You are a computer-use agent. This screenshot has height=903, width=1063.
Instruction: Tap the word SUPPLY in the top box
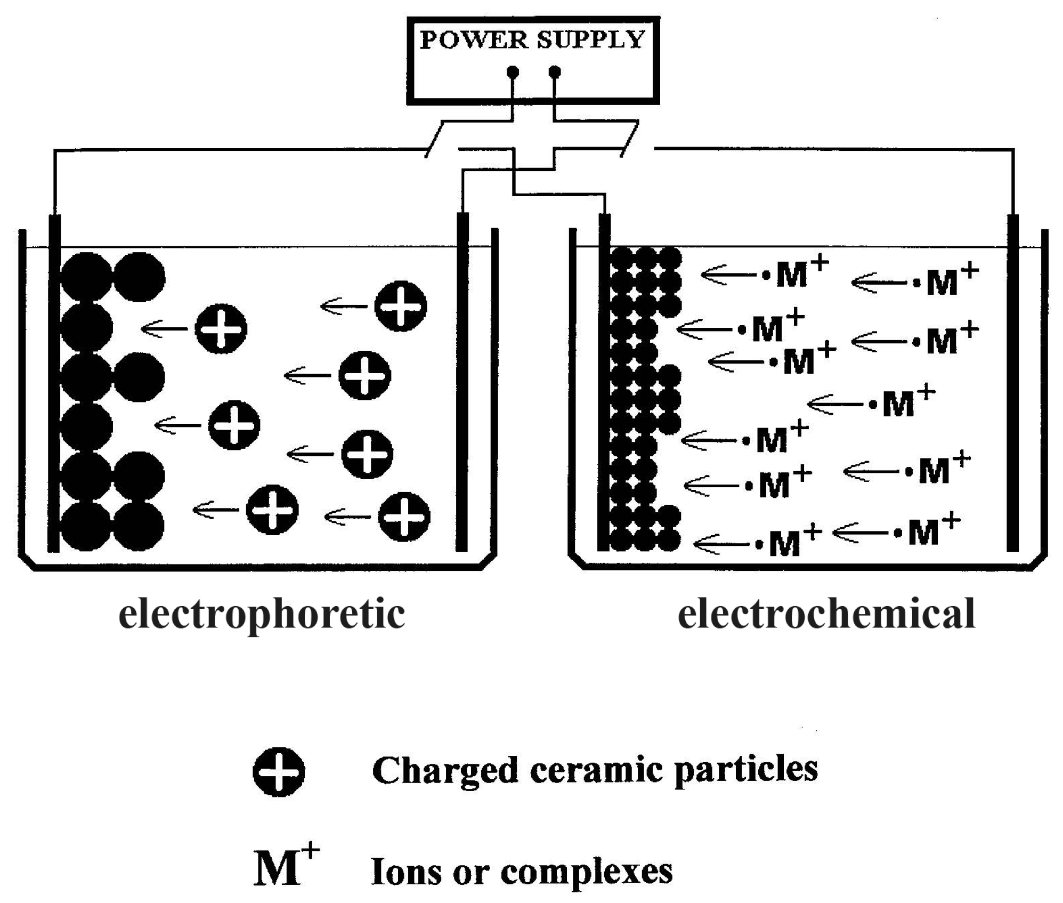591,40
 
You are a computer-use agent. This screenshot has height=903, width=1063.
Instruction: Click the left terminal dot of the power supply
513,71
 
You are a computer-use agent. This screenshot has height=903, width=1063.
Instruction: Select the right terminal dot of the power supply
555,71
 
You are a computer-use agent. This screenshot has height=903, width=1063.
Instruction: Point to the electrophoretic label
262,615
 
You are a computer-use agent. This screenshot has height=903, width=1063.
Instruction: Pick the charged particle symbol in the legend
279,771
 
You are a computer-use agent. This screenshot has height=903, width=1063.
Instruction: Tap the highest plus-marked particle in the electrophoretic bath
401,306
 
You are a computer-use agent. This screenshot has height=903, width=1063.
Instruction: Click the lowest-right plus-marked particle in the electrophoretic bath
404,517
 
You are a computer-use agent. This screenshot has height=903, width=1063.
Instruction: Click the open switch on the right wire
630,140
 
